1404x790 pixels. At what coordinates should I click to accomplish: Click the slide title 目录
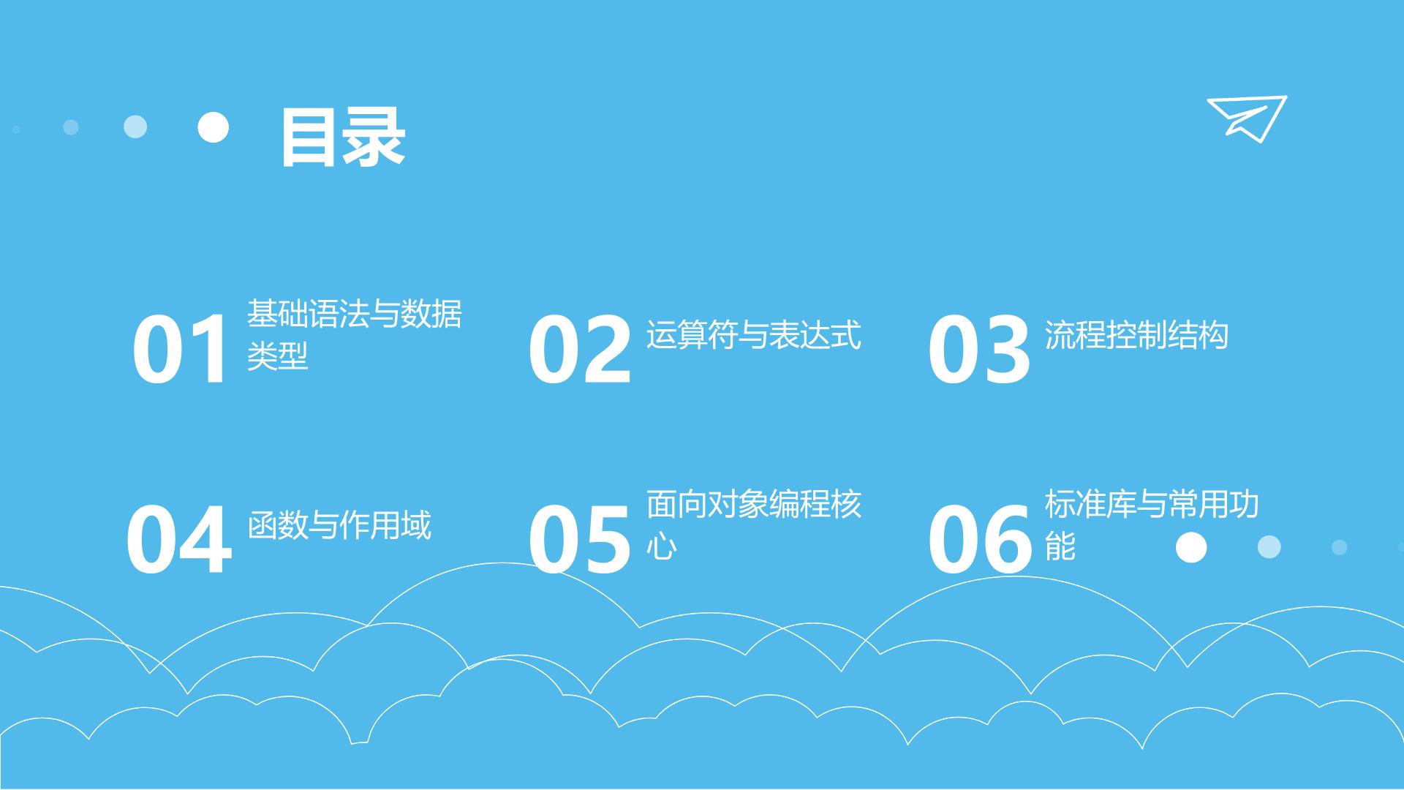coord(343,138)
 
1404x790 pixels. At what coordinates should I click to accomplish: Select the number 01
coord(181,349)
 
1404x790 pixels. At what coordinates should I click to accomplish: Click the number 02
coord(580,349)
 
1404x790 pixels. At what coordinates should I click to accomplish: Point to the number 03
coord(979,349)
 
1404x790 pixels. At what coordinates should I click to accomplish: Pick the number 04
coord(179,540)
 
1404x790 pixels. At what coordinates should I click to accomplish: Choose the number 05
coord(579,540)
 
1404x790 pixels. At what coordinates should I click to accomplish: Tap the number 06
coord(979,540)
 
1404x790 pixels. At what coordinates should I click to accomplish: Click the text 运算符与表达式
coord(754,335)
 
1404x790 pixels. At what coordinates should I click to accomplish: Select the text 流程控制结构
coord(1136,335)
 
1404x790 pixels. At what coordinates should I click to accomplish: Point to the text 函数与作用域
coord(339,525)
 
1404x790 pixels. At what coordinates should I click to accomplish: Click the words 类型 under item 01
coord(277,356)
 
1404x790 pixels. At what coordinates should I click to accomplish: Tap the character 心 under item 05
coord(661,546)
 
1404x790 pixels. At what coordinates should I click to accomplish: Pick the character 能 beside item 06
coord(1060,546)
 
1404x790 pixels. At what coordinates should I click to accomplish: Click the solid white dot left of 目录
coord(214,127)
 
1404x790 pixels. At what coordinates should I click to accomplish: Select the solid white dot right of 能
coord(1191,547)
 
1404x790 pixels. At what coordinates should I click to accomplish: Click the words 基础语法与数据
coord(355,314)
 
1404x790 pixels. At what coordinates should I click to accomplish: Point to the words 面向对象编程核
coord(754,504)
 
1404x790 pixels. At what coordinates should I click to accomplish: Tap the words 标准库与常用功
coord(1152,504)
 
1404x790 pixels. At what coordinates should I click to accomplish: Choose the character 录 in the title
coord(374,138)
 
